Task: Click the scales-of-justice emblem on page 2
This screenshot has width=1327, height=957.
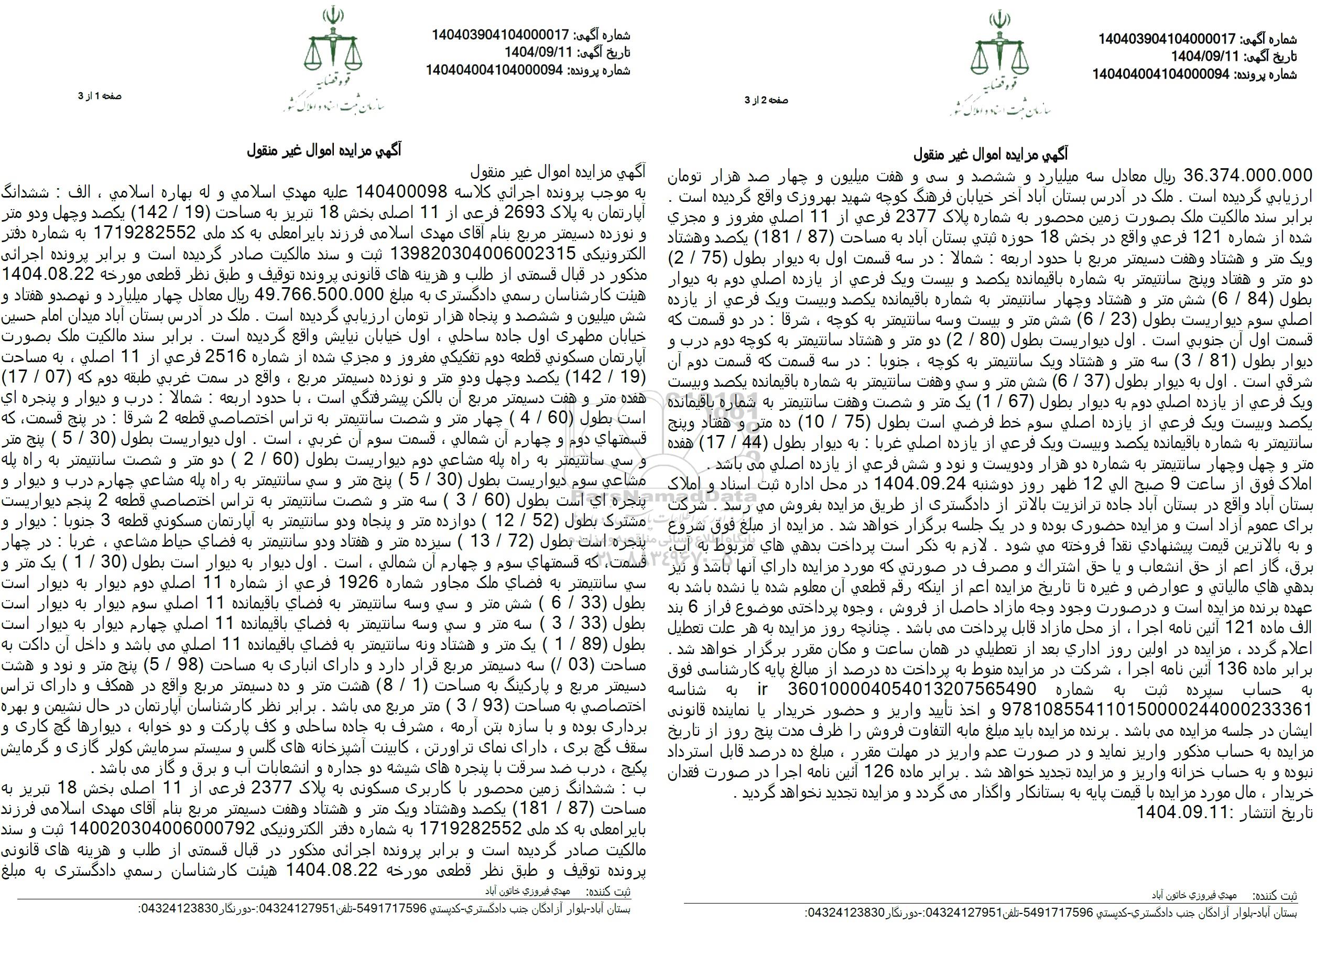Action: pyautogui.click(x=999, y=49)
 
